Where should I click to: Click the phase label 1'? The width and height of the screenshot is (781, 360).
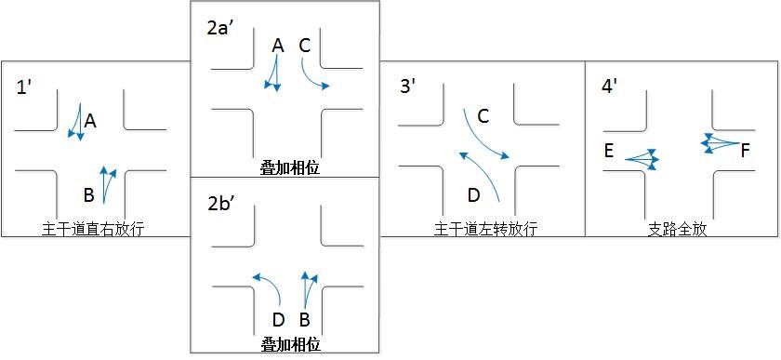(26, 89)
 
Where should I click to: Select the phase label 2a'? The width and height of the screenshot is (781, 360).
(219, 26)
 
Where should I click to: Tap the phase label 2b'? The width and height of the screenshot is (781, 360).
(220, 203)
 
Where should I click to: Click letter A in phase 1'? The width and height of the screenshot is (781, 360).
(90, 121)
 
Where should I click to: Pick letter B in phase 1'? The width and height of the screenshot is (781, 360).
(88, 194)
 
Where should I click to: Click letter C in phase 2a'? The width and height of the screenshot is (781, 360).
(305, 45)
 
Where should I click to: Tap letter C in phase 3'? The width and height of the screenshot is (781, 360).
(483, 116)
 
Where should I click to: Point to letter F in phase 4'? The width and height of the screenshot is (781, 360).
(745, 149)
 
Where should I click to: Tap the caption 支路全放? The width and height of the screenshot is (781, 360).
(677, 229)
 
